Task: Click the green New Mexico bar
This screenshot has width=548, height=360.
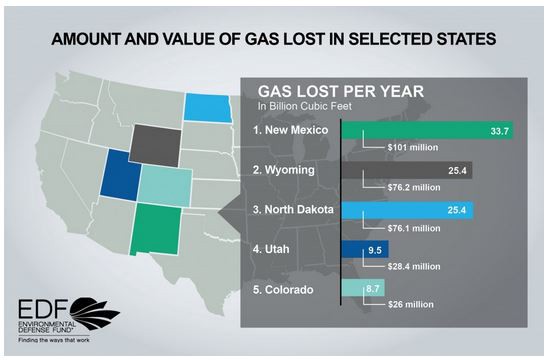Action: coord(427,130)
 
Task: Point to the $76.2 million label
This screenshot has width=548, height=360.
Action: coord(411,187)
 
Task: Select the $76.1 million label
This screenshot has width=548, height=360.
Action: coord(411,227)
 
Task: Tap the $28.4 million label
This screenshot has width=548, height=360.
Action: coord(411,267)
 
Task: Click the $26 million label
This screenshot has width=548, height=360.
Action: coord(405,306)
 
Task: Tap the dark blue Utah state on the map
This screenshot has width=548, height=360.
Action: coord(117,180)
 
